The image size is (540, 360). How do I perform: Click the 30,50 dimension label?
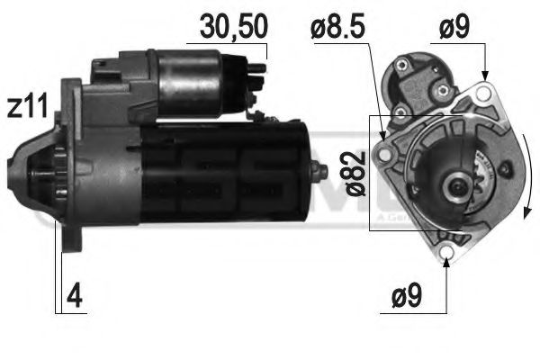pos(232,27)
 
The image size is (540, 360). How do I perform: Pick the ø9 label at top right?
pos(455,28)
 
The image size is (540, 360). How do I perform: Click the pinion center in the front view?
pos(456,186)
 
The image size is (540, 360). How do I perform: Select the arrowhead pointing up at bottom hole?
pos(448,266)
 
